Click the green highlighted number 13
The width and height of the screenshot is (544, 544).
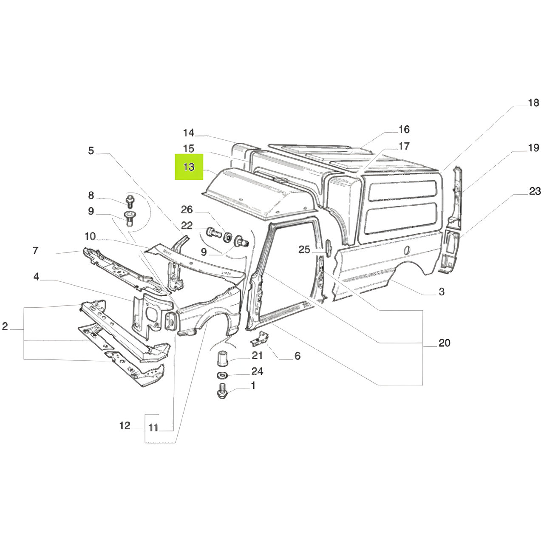click(x=189, y=167)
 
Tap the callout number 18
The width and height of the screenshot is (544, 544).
click(x=533, y=103)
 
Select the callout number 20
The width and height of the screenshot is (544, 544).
click(x=444, y=343)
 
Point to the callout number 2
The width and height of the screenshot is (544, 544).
click(x=5, y=326)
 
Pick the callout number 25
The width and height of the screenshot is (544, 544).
click(x=304, y=249)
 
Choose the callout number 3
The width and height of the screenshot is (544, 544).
click(x=441, y=292)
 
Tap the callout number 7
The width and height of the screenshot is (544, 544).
click(x=35, y=250)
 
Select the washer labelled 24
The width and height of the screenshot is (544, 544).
click(x=222, y=375)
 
